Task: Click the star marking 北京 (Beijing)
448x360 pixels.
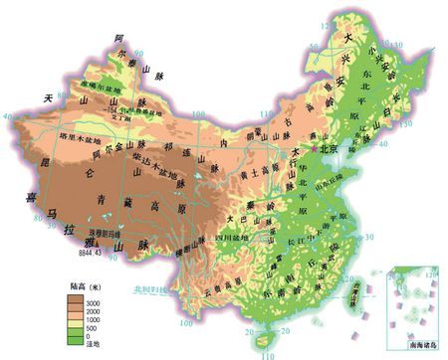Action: click(315, 148)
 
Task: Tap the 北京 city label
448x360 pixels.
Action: click(331, 148)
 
